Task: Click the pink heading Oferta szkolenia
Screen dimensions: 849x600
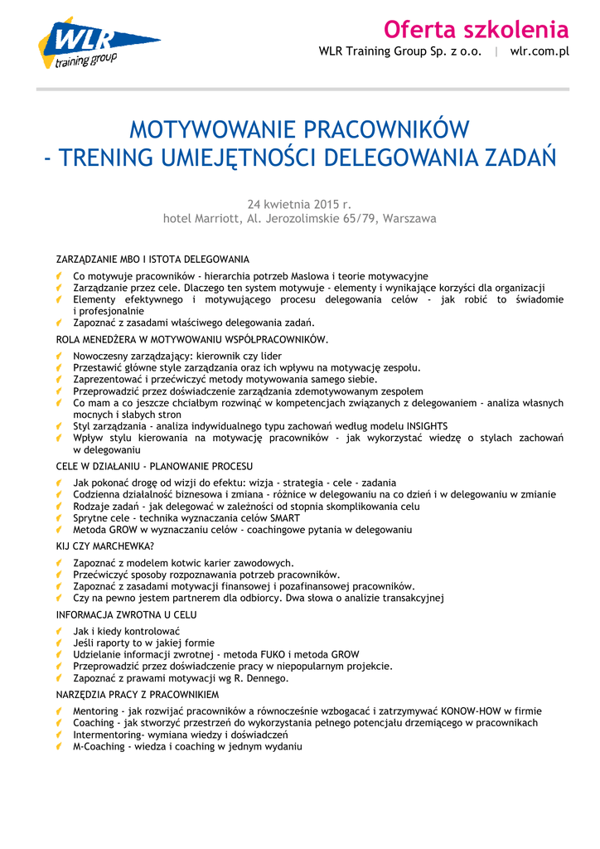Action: (x=476, y=30)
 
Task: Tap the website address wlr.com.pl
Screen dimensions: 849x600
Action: (x=540, y=51)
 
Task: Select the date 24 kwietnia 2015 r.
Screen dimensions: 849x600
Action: (x=300, y=203)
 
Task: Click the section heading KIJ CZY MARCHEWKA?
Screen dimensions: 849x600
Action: (x=104, y=546)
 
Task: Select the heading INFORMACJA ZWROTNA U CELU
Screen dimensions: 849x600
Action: (x=126, y=615)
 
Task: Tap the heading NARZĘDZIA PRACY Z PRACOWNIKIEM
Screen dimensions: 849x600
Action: (x=138, y=695)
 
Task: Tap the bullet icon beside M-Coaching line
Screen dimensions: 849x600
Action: (x=60, y=746)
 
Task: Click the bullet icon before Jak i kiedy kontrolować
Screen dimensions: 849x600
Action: (x=60, y=631)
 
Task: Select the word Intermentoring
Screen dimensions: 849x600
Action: (x=107, y=735)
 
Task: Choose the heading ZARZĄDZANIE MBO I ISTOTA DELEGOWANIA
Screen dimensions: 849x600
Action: (x=152, y=260)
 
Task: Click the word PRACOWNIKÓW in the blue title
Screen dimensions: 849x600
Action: (x=384, y=130)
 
